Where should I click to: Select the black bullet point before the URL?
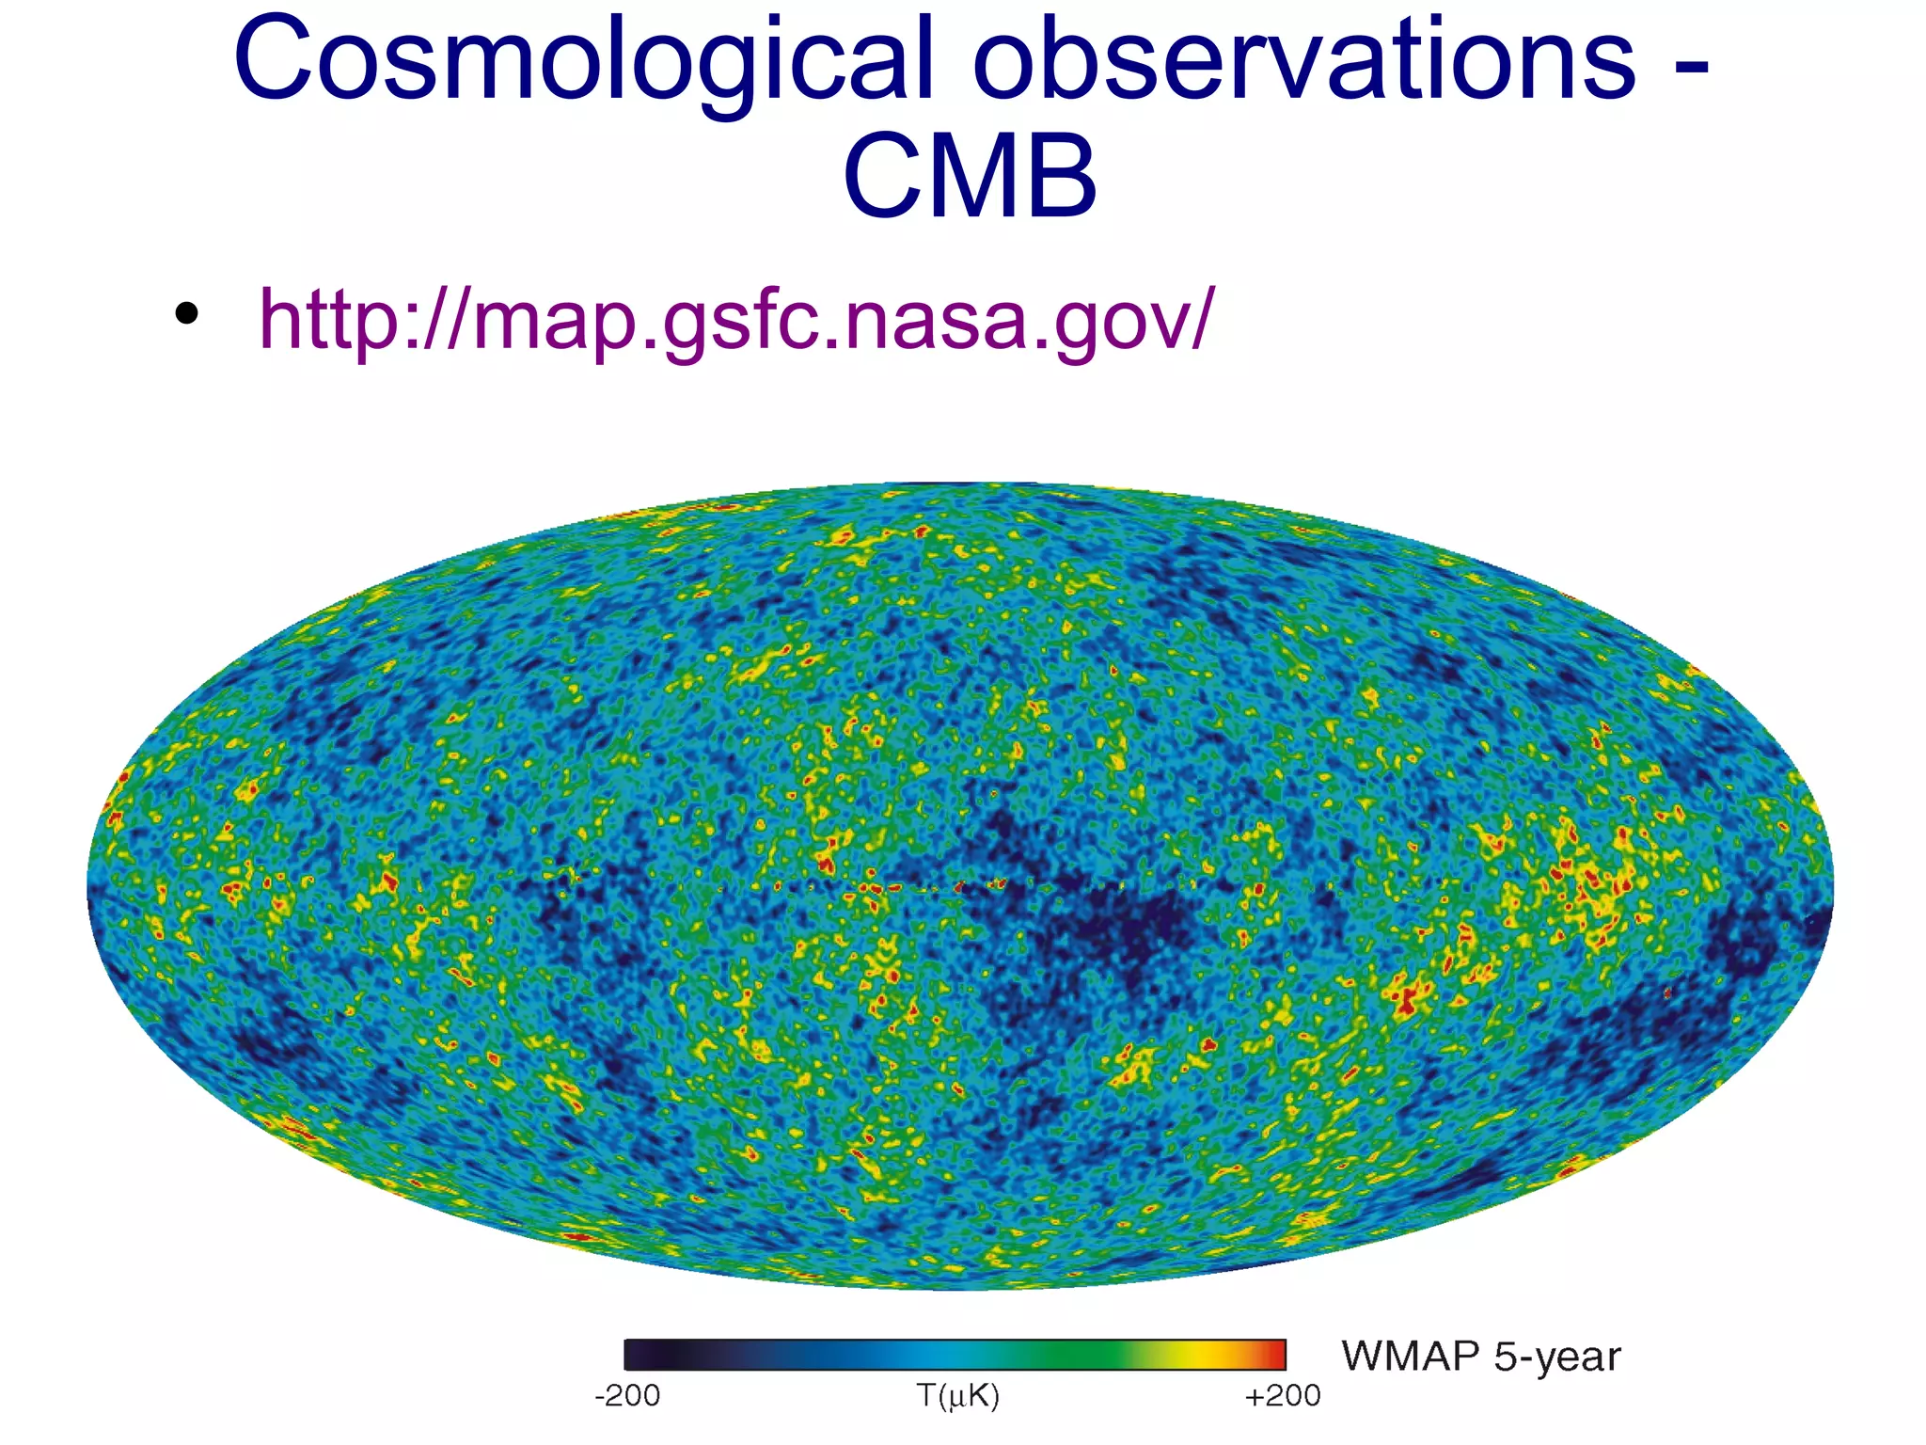[186, 314]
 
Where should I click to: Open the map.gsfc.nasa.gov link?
[735, 320]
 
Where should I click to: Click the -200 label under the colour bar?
[626, 1395]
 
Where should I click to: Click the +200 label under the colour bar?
[1282, 1395]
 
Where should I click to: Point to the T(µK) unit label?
[956, 1395]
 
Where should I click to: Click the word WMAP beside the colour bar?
[1411, 1357]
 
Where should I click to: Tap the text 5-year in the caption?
[1557, 1357]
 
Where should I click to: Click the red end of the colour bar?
[1274, 1355]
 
